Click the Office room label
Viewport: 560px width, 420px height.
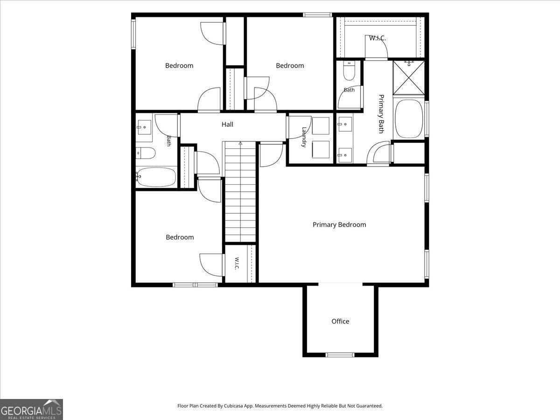pyautogui.click(x=340, y=322)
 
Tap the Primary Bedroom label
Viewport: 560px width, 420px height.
pyautogui.click(x=339, y=224)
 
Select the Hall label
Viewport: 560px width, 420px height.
pyautogui.click(x=227, y=124)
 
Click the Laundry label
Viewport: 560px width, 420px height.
pyautogui.click(x=304, y=137)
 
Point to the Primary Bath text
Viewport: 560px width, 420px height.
pyautogui.click(x=381, y=114)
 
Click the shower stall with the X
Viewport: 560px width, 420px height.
pyautogui.click(x=409, y=77)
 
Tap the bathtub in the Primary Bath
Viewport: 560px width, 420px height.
pyautogui.click(x=409, y=119)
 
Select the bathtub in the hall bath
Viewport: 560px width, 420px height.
pyautogui.click(x=156, y=177)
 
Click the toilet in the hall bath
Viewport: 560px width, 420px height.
pyautogui.click(x=145, y=153)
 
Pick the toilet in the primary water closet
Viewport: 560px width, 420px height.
pyautogui.click(x=349, y=70)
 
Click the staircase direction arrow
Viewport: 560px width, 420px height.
pyautogui.click(x=240, y=144)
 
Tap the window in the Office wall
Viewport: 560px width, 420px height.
pyautogui.click(x=340, y=355)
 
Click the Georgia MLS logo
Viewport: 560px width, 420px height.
pyautogui.click(x=31, y=410)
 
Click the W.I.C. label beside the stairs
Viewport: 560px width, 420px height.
pyautogui.click(x=237, y=264)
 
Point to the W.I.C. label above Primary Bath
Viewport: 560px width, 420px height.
pyautogui.click(x=378, y=38)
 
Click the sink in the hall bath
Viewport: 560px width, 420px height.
pyautogui.click(x=144, y=127)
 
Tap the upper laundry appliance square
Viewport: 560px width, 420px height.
pyautogui.click(x=321, y=126)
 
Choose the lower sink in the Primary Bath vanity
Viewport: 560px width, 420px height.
pyautogui.click(x=345, y=155)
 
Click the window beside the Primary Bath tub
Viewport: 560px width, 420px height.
pyautogui.click(x=427, y=119)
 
